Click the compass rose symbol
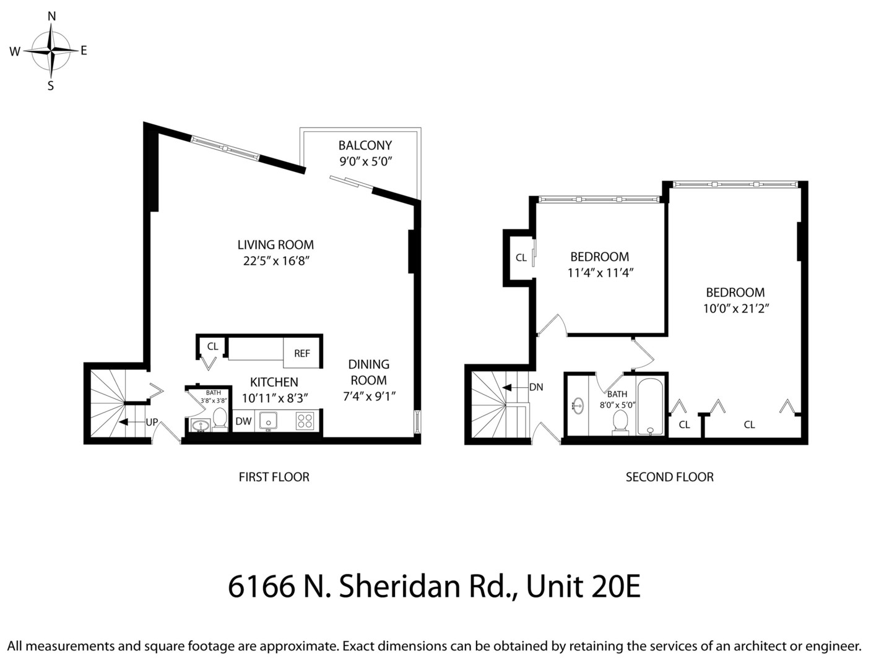(51, 51)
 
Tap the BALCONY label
(365, 146)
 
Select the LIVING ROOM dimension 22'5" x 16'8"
(275, 261)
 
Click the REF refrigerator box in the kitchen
(301, 353)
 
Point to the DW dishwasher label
(243, 421)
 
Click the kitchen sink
(268, 421)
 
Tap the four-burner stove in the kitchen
(304, 421)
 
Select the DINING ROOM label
(368, 372)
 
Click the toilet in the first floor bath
(219, 418)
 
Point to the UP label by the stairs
(152, 422)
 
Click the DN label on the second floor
(536, 387)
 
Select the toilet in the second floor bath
(619, 422)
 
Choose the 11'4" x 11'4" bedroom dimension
(600, 272)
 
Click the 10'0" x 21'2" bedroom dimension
(735, 308)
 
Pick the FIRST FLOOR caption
(274, 477)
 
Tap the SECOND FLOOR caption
(669, 477)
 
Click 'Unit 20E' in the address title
(583, 586)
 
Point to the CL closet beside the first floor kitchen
(212, 347)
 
